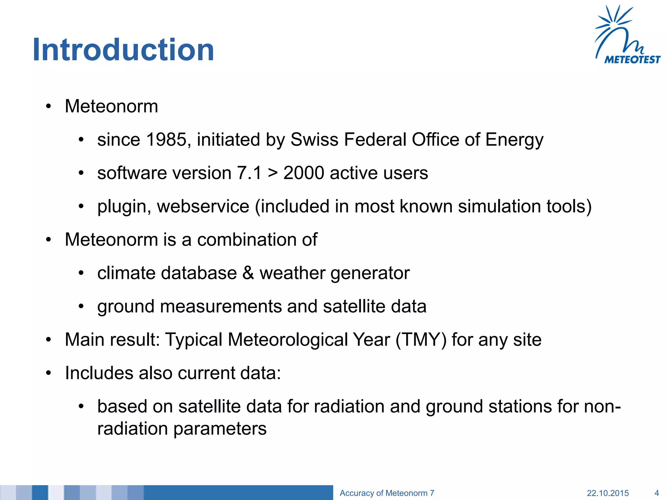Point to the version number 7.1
coord(249,173)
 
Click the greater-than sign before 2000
coord(273,174)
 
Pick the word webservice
coord(203,206)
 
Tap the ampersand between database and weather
coord(248,273)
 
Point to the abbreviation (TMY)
coord(421,340)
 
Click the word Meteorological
coord(287,340)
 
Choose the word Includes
coord(99,373)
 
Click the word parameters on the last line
coord(220,429)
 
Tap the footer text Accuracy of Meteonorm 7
coord(387,493)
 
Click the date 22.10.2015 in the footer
coord(607,493)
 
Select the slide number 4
coord(656,493)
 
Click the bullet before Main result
coord(48,340)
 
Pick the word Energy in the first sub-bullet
coord(514,140)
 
